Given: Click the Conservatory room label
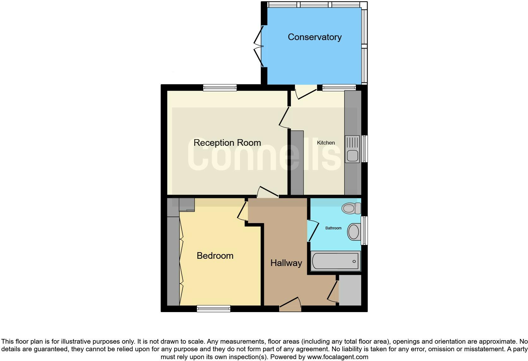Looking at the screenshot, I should (x=315, y=37).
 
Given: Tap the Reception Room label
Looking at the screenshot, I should (x=227, y=143).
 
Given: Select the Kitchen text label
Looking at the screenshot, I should (x=326, y=143).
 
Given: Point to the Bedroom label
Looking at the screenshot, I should (x=215, y=256).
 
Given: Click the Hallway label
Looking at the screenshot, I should (x=286, y=263).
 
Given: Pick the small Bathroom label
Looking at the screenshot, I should (x=333, y=228).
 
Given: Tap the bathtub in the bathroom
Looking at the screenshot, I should (x=335, y=261).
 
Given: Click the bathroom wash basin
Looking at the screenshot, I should (x=354, y=232).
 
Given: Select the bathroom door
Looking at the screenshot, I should (x=312, y=231).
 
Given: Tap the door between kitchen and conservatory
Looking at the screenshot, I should (x=305, y=93).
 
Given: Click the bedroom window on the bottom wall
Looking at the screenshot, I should (x=213, y=309).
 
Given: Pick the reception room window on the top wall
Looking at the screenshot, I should (x=220, y=88).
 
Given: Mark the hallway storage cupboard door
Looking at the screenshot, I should (x=333, y=291).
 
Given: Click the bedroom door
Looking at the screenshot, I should (x=242, y=211).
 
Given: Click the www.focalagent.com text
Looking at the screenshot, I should (x=338, y=357).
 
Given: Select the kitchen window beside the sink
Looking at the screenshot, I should (x=364, y=149).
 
